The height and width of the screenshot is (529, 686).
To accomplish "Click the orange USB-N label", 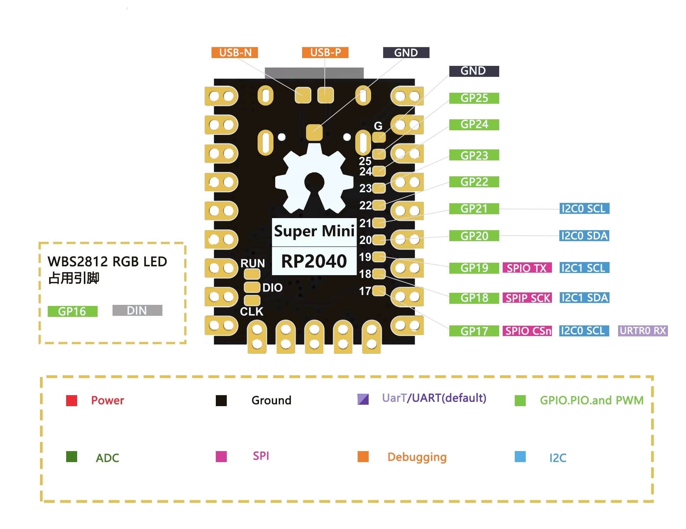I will (x=235, y=52).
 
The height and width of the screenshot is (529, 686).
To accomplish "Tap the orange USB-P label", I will (x=325, y=52).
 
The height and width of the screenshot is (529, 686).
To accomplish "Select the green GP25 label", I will (x=474, y=98).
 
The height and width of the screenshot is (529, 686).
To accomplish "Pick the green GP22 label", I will (x=474, y=182).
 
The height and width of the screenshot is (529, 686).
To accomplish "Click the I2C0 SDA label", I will (x=584, y=235).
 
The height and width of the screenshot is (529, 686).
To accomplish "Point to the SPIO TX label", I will (x=527, y=268).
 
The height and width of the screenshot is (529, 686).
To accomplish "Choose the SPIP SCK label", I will (x=527, y=298).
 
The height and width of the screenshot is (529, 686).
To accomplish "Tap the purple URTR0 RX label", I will (x=642, y=331).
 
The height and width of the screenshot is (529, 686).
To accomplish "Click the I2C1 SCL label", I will (x=584, y=268).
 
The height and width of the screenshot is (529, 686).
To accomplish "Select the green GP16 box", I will (x=72, y=311).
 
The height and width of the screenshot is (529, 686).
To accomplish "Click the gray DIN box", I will (x=137, y=310).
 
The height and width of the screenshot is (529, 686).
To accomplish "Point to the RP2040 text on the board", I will (x=314, y=261).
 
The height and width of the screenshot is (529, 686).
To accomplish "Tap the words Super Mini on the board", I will (x=314, y=231).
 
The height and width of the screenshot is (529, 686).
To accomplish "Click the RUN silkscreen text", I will (x=253, y=263).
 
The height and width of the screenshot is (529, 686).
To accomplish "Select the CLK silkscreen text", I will (x=252, y=312).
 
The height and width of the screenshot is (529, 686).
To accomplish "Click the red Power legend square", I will (x=71, y=400).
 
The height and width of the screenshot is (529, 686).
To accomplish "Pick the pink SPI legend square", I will (x=221, y=456).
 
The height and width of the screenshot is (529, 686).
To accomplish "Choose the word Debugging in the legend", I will (x=417, y=457).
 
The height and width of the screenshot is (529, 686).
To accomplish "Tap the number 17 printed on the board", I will (x=365, y=291).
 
